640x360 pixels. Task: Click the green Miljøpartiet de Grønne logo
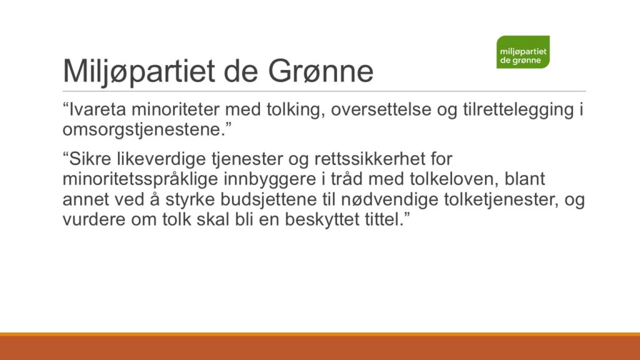pyautogui.click(x=523, y=52)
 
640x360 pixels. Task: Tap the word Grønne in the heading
pyautogui.click(x=321, y=71)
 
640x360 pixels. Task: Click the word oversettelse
pyautogui.click(x=381, y=109)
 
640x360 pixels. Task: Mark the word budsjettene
pyautogui.click(x=269, y=200)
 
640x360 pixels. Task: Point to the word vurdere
pyautogui.click(x=94, y=220)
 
